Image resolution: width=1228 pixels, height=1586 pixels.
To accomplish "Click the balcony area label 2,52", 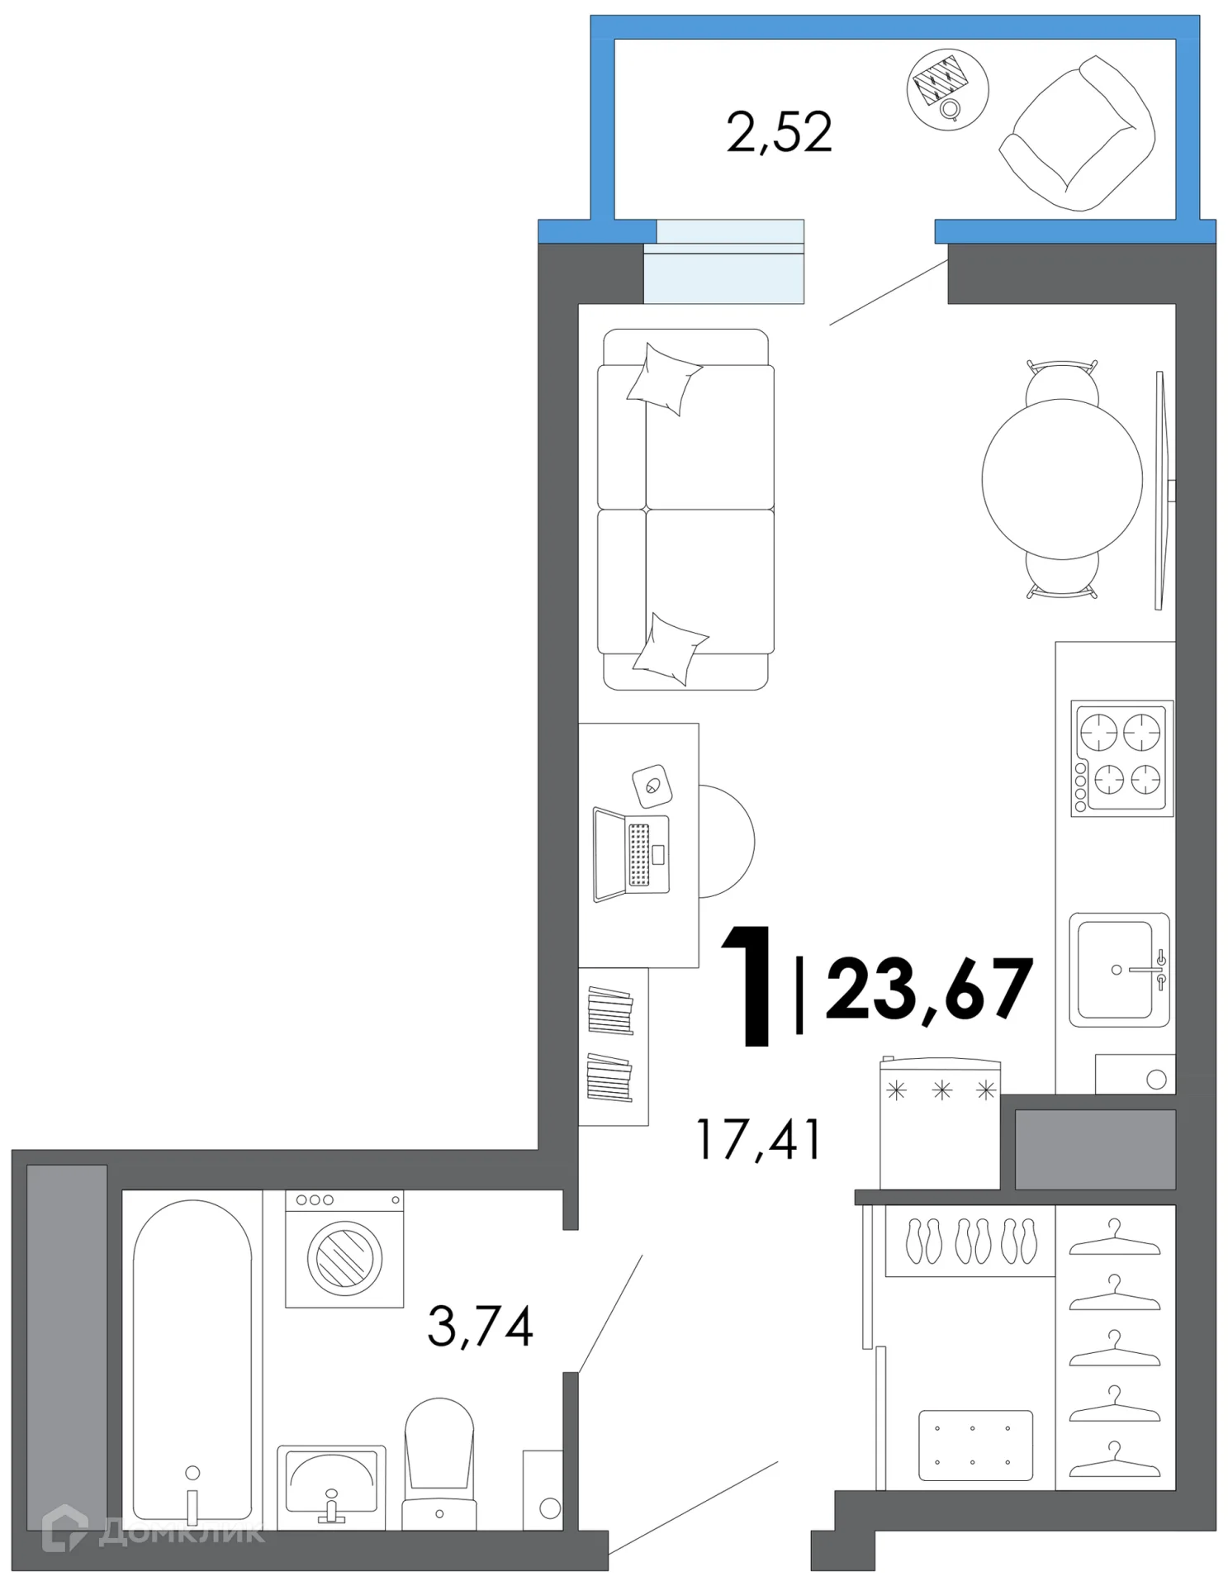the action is (779, 133).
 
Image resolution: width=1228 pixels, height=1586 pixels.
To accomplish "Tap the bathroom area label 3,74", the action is (480, 1326).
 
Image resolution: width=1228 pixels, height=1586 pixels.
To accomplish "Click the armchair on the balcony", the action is (1077, 134).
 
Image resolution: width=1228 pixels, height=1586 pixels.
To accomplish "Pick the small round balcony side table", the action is (947, 89).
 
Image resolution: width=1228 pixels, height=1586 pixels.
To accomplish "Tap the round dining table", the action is (1062, 479).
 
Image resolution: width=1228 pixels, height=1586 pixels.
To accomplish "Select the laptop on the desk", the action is (630, 855).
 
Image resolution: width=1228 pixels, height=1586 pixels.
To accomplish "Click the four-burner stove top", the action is (1121, 758).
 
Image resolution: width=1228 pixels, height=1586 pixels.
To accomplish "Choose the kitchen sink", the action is (1119, 969).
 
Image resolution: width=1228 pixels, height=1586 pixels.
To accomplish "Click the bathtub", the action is (192, 1360).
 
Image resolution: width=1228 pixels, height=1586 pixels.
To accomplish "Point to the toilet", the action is (439, 1464).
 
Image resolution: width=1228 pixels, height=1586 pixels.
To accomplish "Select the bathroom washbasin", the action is (331, 1486).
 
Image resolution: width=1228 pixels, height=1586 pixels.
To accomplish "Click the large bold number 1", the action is (747, 986).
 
